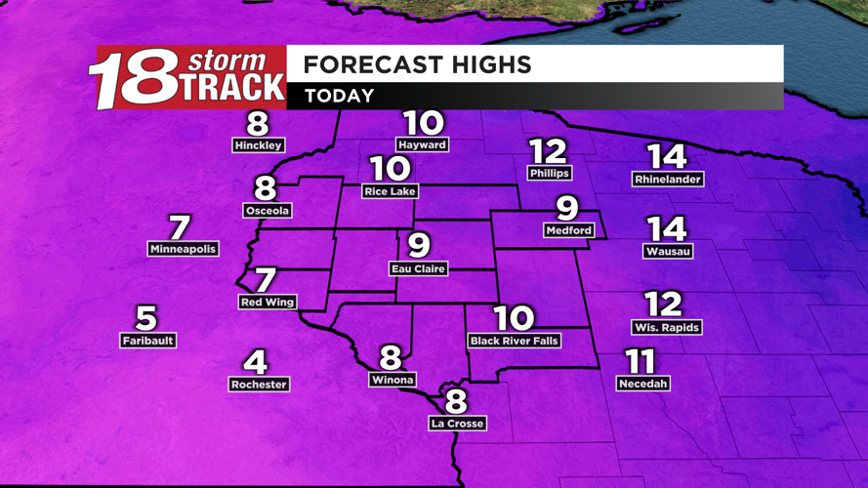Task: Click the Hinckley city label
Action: (259, 145)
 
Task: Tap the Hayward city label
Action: (422, 144)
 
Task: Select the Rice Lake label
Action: (390, 191)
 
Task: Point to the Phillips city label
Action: (549, 173)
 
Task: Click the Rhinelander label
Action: (668, 180)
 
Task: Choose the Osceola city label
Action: (267, 211)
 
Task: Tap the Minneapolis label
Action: (183, 249)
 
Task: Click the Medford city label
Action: (568, 230)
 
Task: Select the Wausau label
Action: (668, 251)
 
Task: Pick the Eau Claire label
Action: (418, 268)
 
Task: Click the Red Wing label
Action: (268, 303)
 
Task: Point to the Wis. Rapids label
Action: (666, 328)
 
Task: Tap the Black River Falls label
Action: (514, 342)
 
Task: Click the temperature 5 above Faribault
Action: (145, 317)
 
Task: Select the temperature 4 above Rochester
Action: (255, 362)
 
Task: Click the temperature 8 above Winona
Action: (391, 357)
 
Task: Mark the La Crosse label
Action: (457, 424)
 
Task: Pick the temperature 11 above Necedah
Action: (640, 362)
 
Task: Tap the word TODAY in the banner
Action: (339, 96)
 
